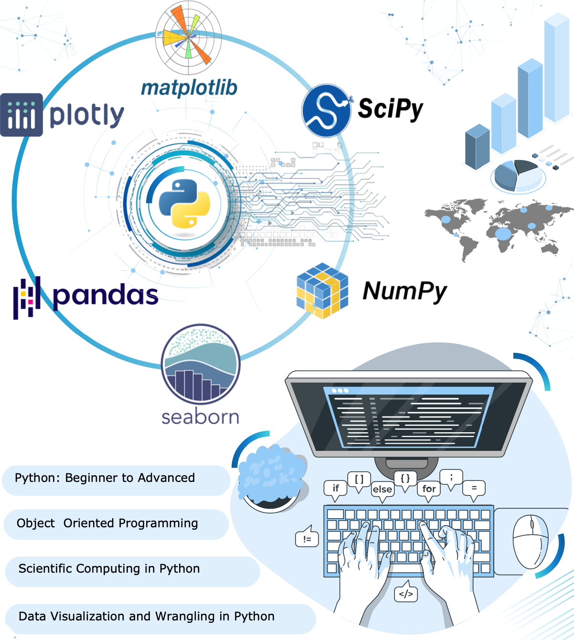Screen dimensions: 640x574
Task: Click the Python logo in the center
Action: [184, 204]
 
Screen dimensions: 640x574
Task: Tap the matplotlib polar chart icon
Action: [188, 36]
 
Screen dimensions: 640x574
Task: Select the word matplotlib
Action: [189, 88]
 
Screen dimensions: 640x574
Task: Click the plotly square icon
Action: [21, 115]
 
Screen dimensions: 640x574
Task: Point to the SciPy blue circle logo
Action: [326, 110]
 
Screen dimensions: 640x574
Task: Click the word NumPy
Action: [405, 291]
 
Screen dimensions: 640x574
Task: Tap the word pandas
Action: [106, 296]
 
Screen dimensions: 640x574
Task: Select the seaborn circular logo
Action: [201, 364]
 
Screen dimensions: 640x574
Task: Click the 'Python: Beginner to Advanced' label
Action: [105, 478]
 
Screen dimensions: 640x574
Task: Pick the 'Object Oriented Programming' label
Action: [107, 523]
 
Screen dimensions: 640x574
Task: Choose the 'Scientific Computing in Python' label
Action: [109, 569]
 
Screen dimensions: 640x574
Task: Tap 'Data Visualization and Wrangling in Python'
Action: [147, 617]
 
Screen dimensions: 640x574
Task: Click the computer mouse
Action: [530, 542]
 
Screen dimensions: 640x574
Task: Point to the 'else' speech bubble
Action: [383, 490]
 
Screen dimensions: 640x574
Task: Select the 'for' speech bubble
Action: [429, 489]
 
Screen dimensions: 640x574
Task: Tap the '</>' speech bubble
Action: [406, 594]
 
